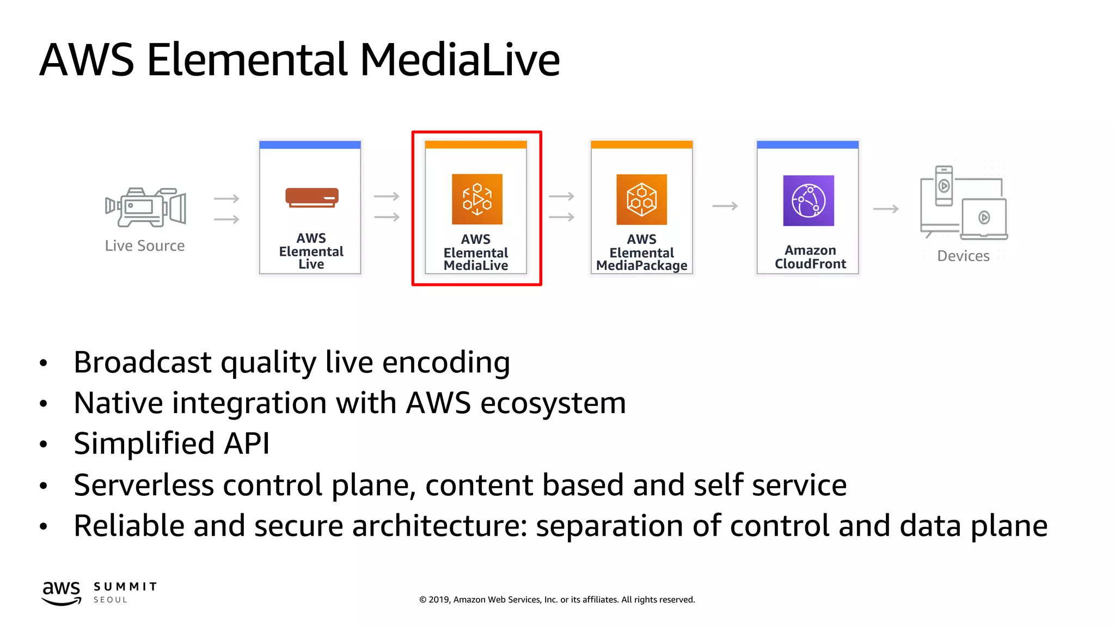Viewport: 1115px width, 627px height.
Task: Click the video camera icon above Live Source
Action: [145, 207]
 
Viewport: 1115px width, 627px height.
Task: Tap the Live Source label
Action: [145, 246]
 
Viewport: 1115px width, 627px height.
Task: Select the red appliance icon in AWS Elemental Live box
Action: [312, 197]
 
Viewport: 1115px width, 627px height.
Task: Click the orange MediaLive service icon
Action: [477, 199]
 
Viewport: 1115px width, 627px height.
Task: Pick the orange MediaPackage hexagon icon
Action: [641, 199]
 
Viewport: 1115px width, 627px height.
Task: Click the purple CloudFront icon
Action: [808, 200]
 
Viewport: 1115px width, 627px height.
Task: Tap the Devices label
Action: [963, 256]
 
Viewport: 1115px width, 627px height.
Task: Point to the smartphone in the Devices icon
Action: [944, 186]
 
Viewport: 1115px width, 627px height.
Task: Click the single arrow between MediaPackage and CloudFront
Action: [725, 206]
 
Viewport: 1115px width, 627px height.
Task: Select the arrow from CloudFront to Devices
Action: [886, 209]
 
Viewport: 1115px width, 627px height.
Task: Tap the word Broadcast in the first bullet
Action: [143, 362]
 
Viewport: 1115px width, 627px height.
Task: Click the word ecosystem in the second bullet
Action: [553, 403]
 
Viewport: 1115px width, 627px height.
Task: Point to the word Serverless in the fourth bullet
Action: [144, 485]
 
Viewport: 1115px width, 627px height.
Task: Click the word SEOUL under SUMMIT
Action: [111, 600]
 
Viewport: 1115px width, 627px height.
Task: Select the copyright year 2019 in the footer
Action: [439, 600]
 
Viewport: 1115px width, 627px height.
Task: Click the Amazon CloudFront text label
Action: [810, 257]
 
